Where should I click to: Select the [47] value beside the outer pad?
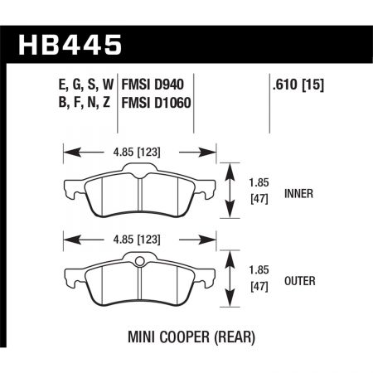pyautogui.click(x=259, y=288)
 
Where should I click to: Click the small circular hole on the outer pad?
pyautogui.click(x=140, y=265)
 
